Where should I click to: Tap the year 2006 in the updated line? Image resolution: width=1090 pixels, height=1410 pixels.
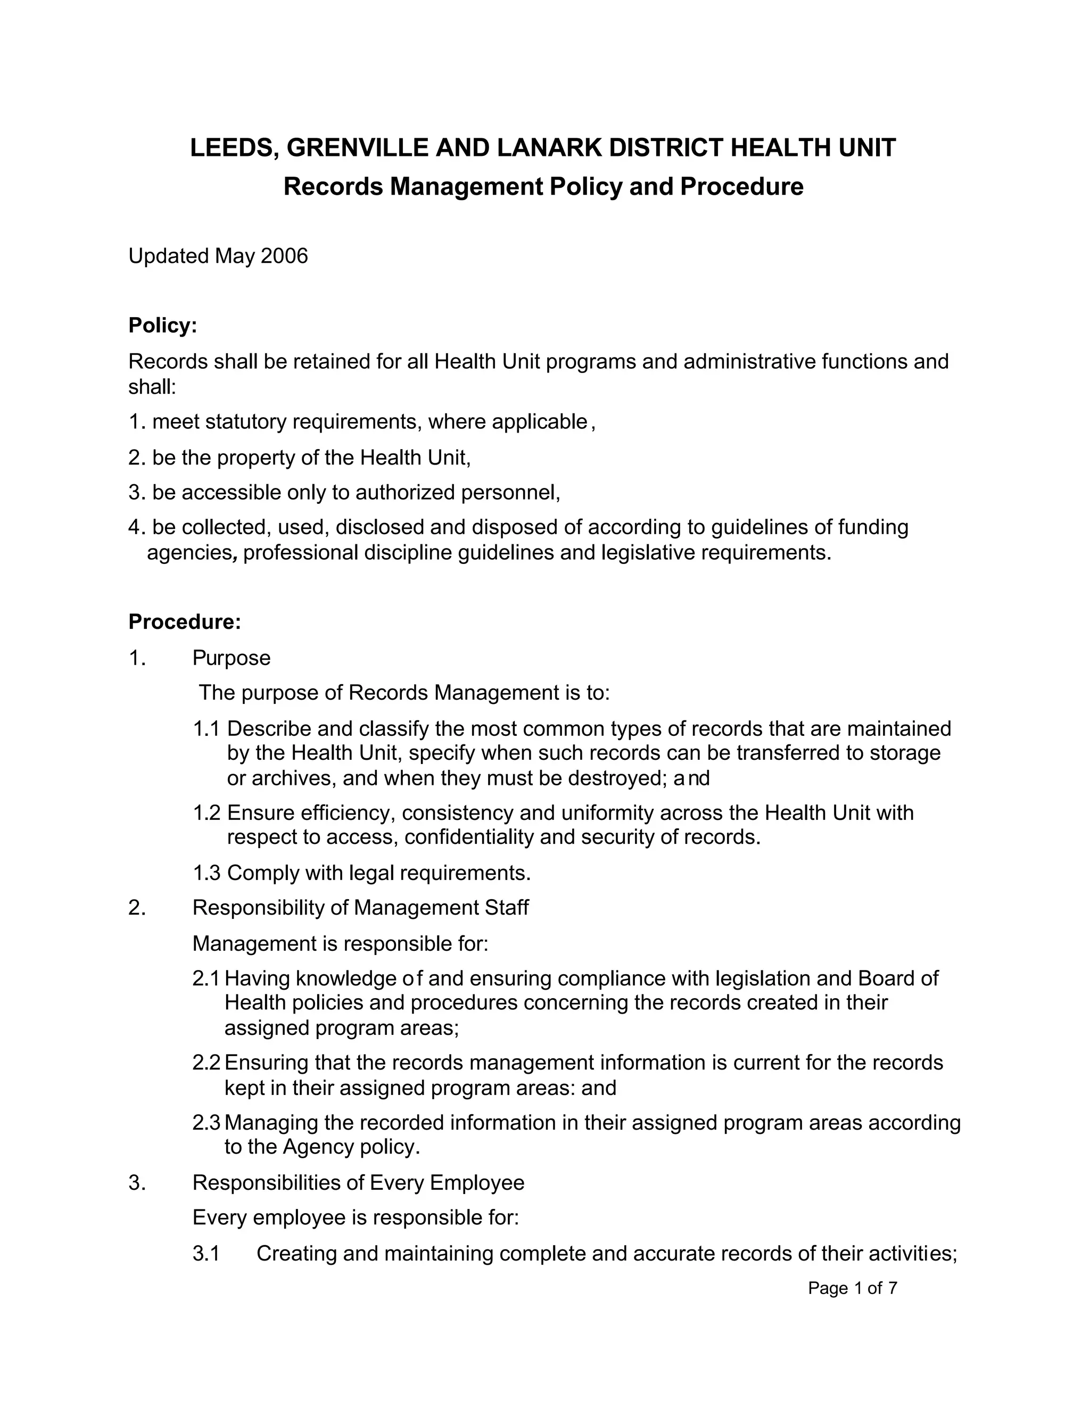pos(284,256)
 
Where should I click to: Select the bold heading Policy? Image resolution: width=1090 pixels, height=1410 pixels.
pos(163,326)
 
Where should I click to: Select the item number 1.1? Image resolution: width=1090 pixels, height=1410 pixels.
pos(207,729)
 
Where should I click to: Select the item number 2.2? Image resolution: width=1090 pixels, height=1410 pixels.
pos(207,1063)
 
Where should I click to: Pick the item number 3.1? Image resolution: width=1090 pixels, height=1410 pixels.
pos(207,1254)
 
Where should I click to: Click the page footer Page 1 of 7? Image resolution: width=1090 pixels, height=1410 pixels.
pos(853,1289)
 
